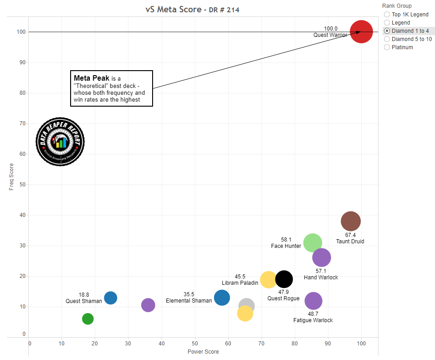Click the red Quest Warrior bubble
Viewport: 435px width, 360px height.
[361, 32]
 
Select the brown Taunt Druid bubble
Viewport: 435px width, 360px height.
[350, 221]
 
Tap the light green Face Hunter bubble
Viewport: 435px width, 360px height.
[312, 243]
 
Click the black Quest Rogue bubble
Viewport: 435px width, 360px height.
[284, 279]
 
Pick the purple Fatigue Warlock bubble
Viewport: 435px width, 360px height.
[313, 301]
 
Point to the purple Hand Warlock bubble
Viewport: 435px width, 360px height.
[322, 257]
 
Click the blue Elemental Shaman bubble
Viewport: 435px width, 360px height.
[222, 298]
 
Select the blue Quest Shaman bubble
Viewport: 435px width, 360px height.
[111, 298]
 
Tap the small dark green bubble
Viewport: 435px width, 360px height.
[88, 319]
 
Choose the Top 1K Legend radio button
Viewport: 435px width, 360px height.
[387, 15]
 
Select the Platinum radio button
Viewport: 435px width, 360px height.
[387, 47]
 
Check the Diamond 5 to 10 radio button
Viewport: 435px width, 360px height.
[387, 39]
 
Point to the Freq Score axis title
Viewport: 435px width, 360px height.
[11, 177]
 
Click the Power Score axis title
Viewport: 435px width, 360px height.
[203, 352]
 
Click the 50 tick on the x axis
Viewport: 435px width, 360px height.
[195, 343]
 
